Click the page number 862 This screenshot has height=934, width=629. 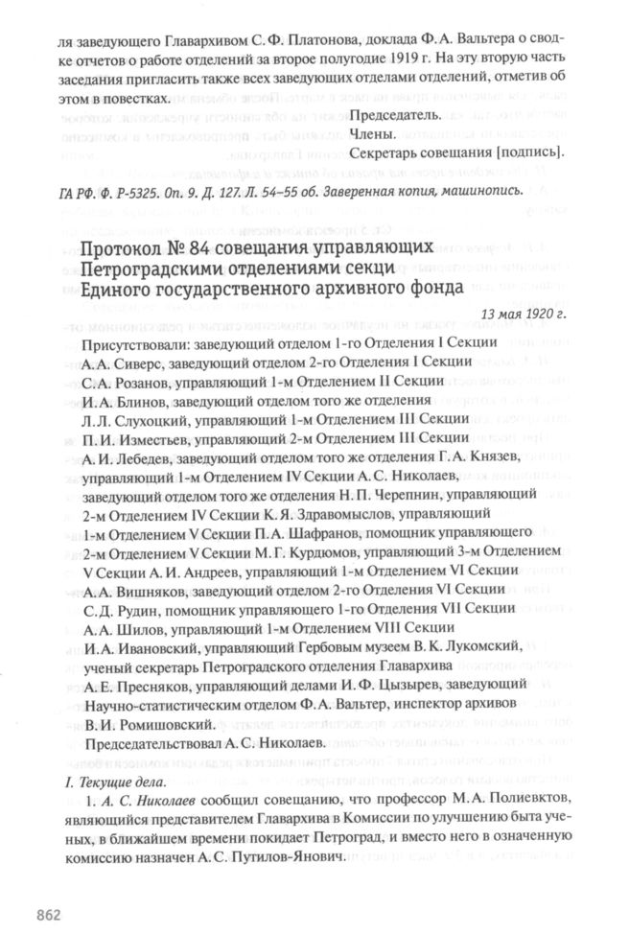click(49, 911)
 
